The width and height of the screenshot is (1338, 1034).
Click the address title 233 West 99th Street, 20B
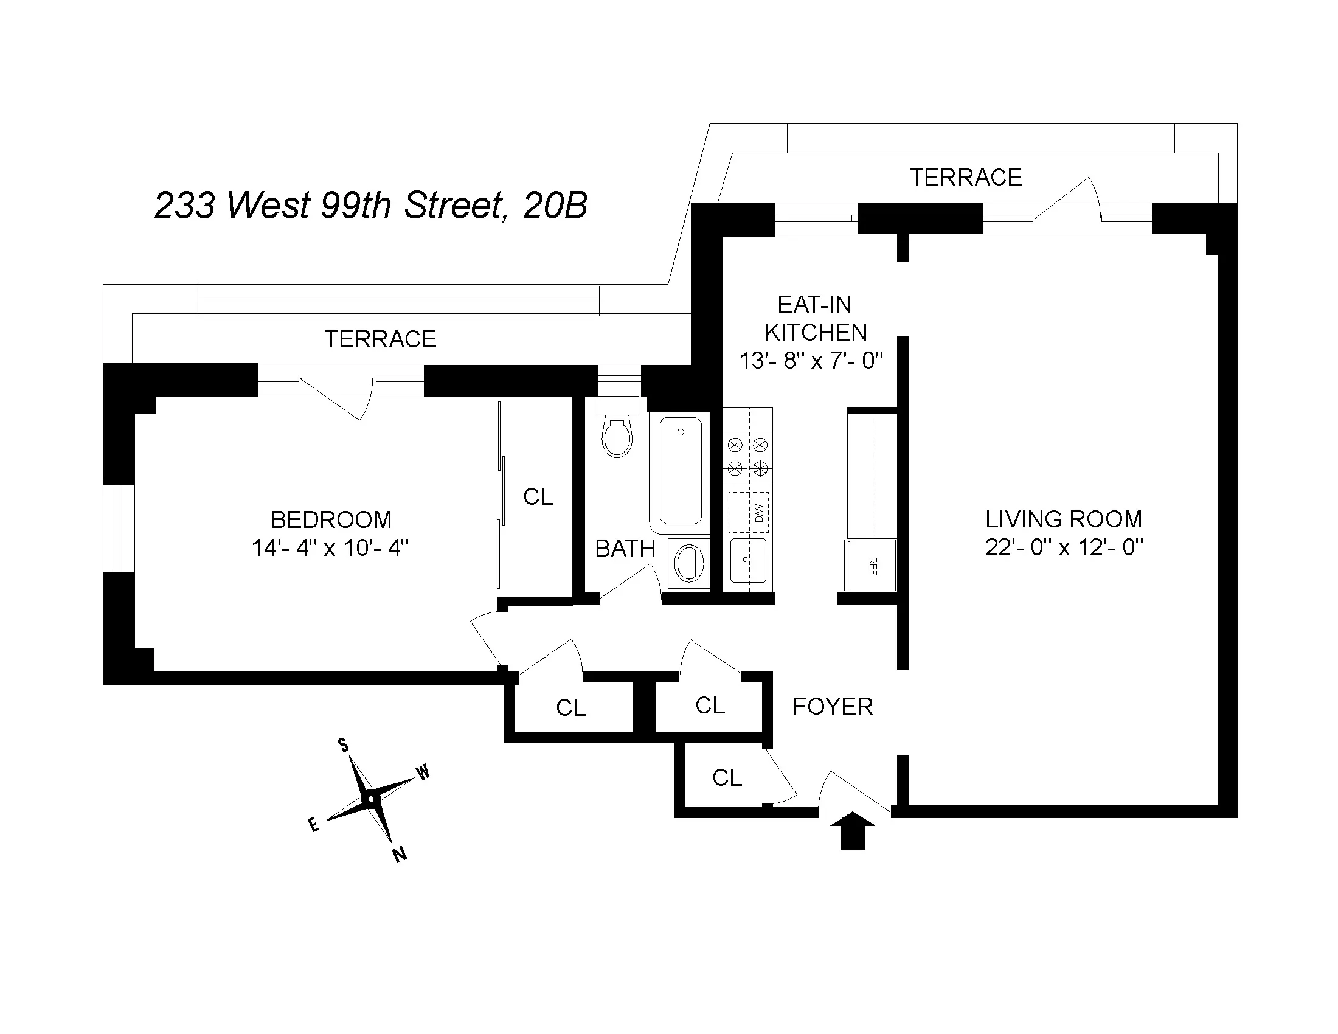(370, 205)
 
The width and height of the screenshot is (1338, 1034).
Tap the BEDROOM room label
(331, 520)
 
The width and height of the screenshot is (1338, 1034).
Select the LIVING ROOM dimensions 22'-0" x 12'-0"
(1064, 547)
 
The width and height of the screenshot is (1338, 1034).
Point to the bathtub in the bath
(681, 470)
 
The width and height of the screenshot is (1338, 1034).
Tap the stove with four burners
(747, 456)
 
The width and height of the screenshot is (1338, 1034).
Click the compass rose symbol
(370, 800)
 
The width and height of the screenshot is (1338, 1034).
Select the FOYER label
(832, 707)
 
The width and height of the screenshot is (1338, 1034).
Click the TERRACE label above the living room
(966, 178)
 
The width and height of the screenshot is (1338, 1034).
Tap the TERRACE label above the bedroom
(380, 339)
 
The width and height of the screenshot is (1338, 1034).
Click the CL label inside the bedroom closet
(538, 497)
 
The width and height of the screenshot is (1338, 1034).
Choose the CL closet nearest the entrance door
(727, 778)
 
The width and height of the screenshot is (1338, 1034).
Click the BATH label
(625, 549)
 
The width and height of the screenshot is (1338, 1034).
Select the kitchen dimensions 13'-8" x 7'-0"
(811, 361)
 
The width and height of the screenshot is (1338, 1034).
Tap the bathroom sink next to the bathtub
(688, 563)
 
